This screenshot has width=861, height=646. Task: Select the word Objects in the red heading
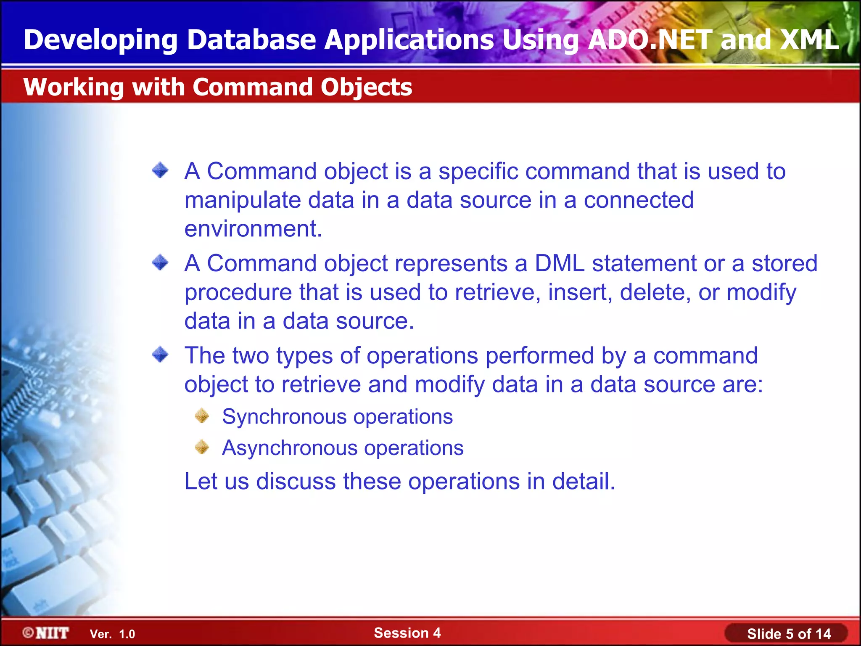click(x=366, y=87)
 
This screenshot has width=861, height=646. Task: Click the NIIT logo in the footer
click(x=46, y=633)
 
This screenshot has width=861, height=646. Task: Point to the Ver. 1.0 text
click(x=112, y=634)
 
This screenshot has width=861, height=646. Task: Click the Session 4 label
click(x=407, y=633)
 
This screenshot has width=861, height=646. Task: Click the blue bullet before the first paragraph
click(x=160, y=170)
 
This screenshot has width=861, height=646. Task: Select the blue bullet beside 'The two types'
click(x=160, y=355)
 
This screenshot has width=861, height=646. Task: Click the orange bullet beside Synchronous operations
click(x=202, y=416)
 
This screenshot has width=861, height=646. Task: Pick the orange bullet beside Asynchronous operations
click(x=202, y=447)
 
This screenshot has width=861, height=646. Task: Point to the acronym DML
click(x=560, y=263)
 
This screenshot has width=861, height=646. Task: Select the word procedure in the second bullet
click(x=238, y=293)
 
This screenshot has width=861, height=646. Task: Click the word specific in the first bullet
click(x=478, y=172)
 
